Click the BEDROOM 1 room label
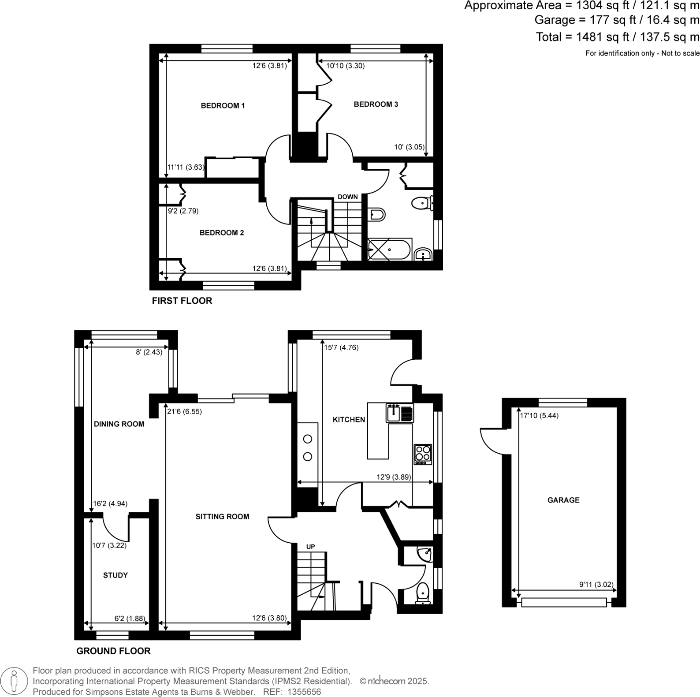pos(223,106)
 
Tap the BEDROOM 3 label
pos(376,104)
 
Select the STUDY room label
pos(115,575)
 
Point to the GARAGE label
pos(563,500)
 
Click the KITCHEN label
pos(349,420)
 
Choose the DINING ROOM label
pos(119,424)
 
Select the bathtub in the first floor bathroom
pos(390,250)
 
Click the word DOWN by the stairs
pos(348,197)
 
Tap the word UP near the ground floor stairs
pos(311,547)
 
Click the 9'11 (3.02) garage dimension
pos(596,585)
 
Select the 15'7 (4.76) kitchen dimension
pos(341,347)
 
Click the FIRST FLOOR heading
pos(182,301)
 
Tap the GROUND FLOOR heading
pos(113,651)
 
